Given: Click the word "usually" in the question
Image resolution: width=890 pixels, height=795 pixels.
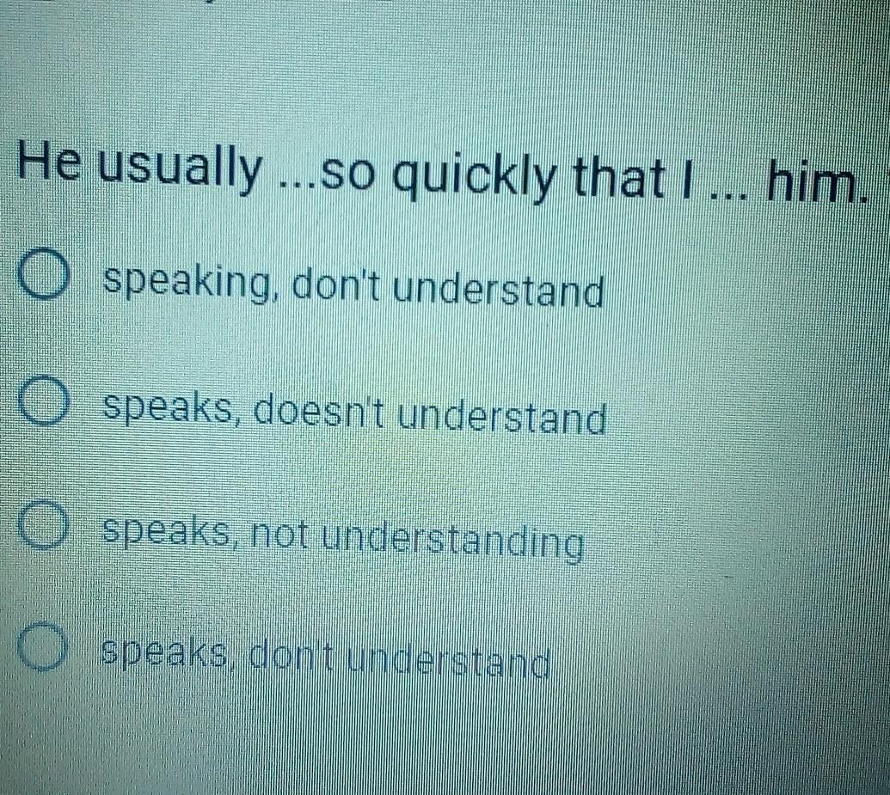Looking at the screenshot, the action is pyautogui.click(x=181, y=168).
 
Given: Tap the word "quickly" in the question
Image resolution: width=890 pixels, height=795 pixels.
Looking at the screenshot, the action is pyautogui.click(x=474, y=176).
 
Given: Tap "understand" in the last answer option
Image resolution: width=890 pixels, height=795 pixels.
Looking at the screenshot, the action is pyautogui.click(x=449, y=662).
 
